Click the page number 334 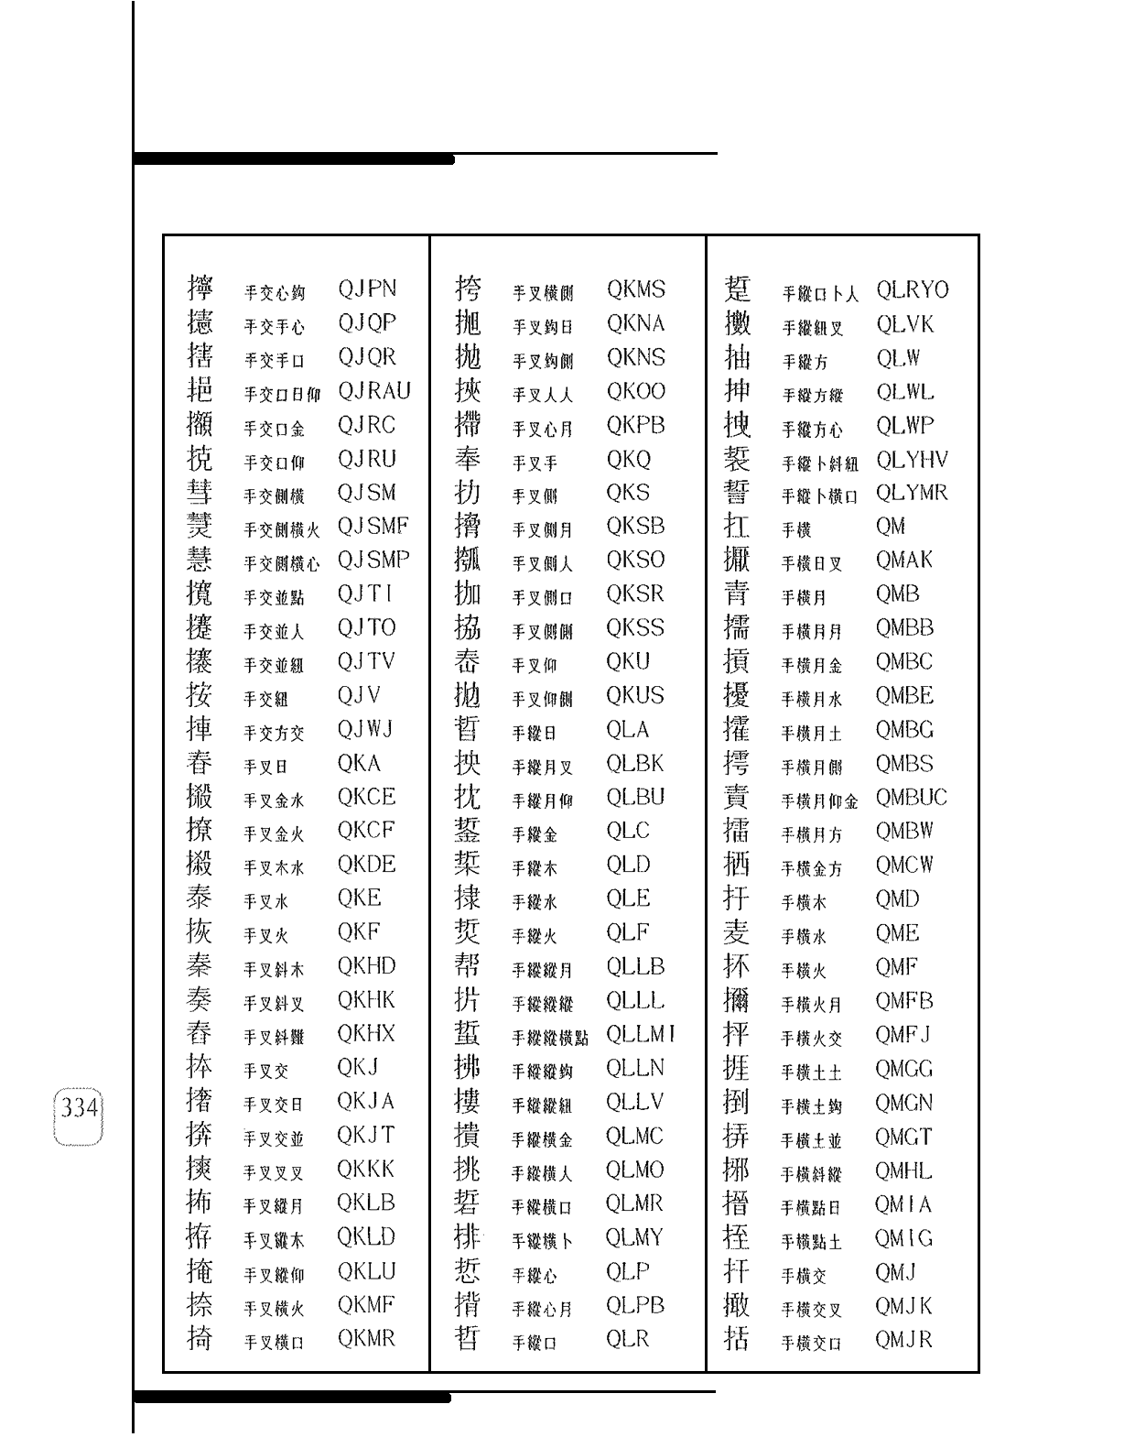click(80, 1108)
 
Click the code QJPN click(367, 289)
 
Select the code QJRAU click(373, 391)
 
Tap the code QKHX click(366, 1034)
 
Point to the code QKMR click(366, 1339)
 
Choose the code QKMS click(635, 289)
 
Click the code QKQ click(628, 459)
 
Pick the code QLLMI click(641, 1034)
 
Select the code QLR click(627, 1339)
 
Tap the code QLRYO click(912, 290)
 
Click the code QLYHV click(912, 460)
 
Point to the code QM click(890, 527)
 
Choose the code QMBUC click(911, 798)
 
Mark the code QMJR click(903, 1340)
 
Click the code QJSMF click(373, 527)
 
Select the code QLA click(627, 730)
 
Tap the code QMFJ click(903, 1035)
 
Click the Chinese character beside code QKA click(200, 763)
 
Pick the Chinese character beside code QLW click(737, 357)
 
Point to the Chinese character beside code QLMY click(468, 1237)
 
